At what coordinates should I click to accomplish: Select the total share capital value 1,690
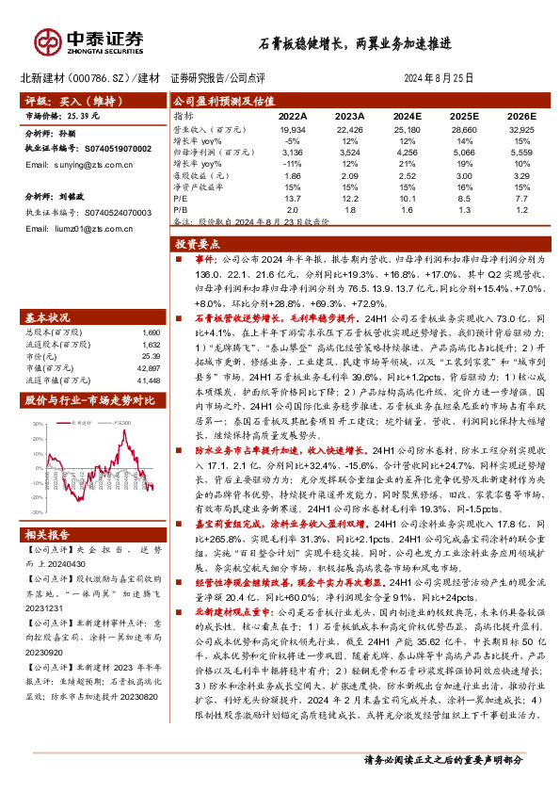(x=151, y=332)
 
